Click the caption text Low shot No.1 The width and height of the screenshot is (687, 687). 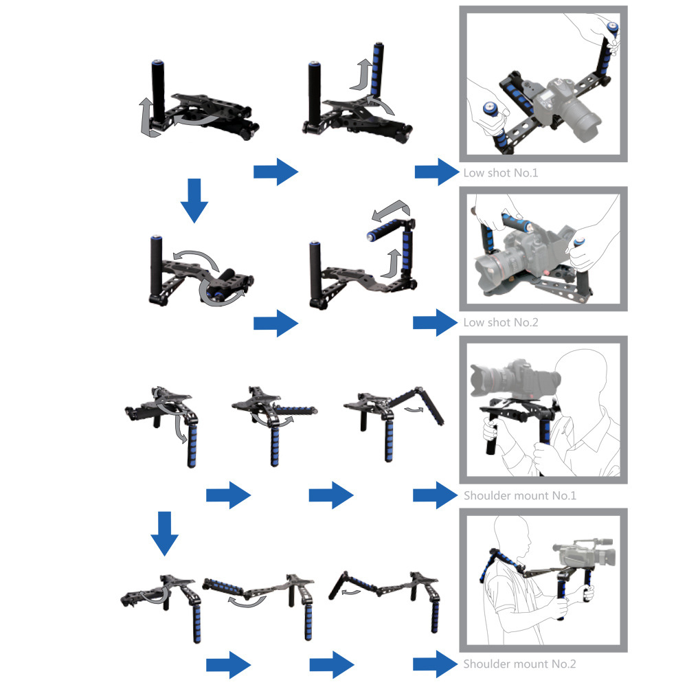click(501, 172)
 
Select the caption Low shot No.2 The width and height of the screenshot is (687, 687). click(501, 322)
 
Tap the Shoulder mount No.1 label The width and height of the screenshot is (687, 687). click(519, 495)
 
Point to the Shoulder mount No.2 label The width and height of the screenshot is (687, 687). click(519, 664)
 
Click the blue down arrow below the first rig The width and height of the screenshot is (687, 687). click(194, 200)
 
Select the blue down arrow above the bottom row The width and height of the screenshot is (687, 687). click(164, 533)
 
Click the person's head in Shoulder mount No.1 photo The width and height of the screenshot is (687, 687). click(584, 378)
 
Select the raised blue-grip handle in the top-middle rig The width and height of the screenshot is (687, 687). click(375, 69)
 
